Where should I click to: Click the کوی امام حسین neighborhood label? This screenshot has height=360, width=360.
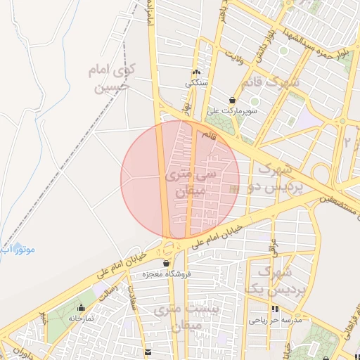coord(109,78)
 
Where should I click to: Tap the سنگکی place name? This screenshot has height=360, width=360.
coord(196,83)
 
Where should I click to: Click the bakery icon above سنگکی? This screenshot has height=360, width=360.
coord(196,72)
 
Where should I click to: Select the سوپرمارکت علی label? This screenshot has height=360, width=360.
coord(233,111)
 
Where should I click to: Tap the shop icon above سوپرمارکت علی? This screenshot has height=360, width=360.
coord(233,100)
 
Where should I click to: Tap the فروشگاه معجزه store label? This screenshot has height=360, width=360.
coord(164,274)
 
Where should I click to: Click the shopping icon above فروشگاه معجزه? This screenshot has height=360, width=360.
coord(166,263)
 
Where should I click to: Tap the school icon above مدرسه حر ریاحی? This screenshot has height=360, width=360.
coord(274,309)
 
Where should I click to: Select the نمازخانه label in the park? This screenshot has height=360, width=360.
coord(82,318)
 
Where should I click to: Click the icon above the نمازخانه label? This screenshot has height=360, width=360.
coord(82,307)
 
